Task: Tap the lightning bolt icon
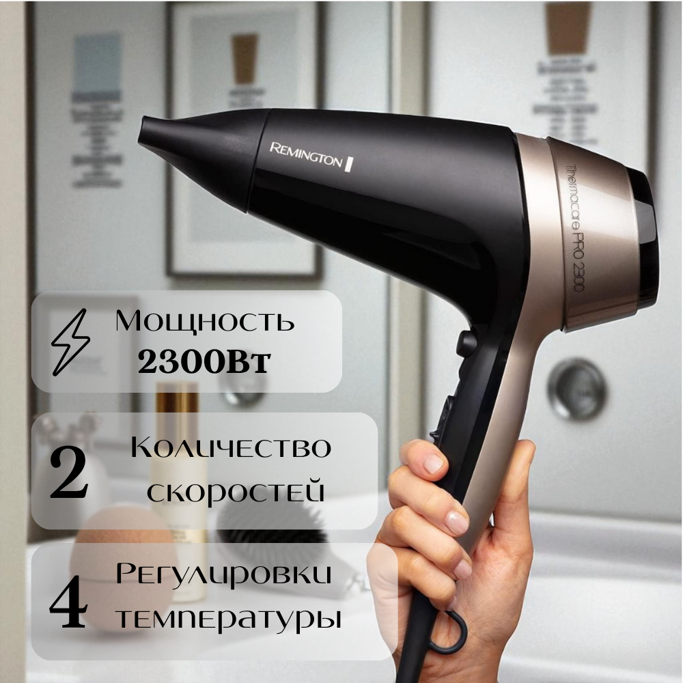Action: [x=72, y=340]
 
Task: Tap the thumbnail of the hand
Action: [x=432, y=465]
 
